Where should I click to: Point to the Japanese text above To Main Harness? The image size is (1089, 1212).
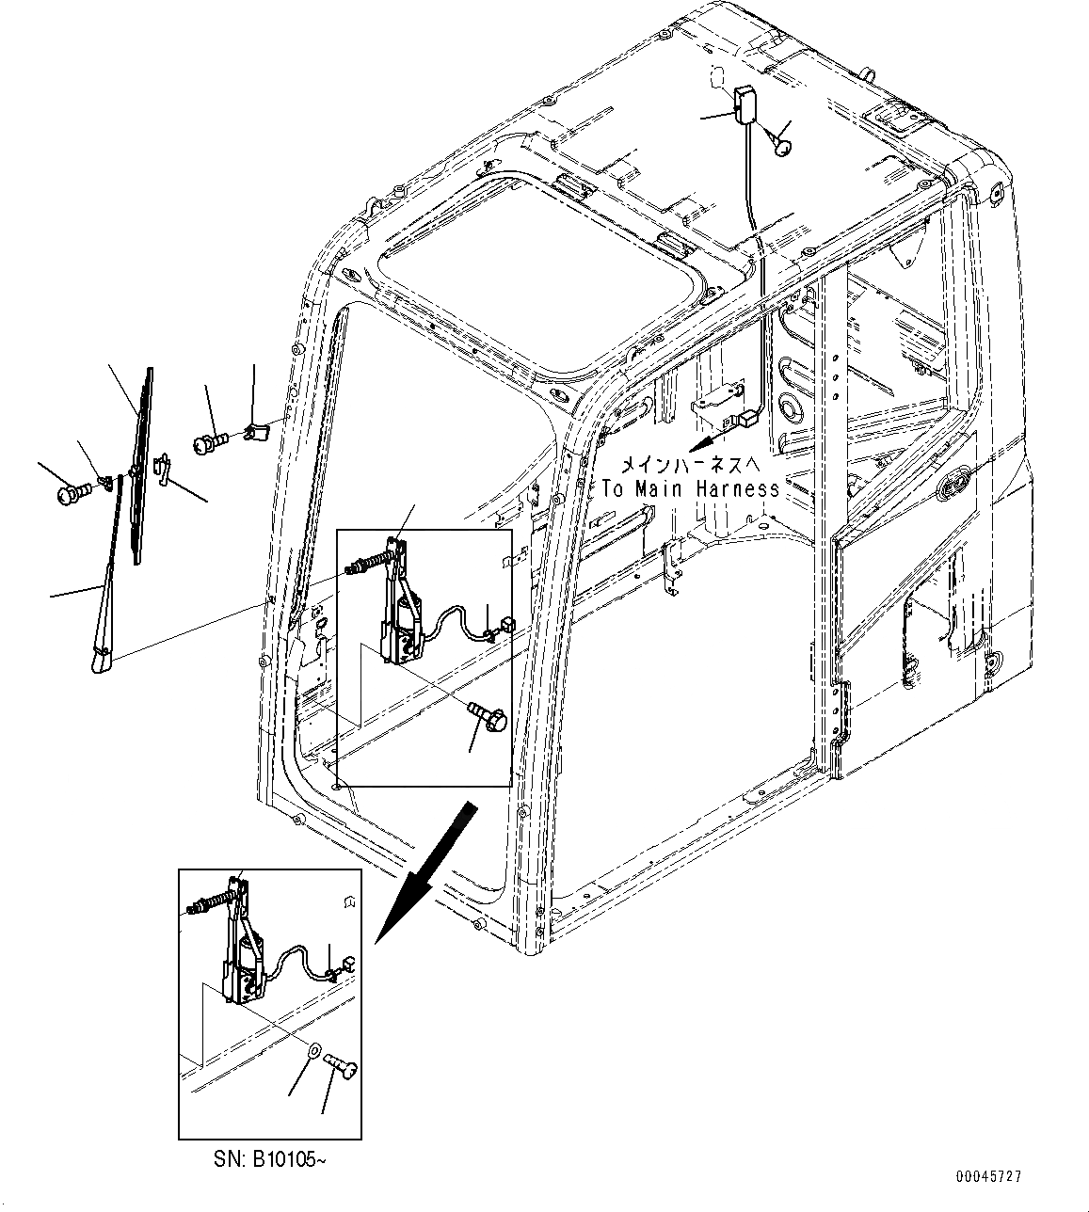coord(696,464)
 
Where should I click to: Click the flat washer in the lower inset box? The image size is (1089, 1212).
coord(313,1049)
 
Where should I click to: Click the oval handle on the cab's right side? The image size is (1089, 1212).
coord(954,486)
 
